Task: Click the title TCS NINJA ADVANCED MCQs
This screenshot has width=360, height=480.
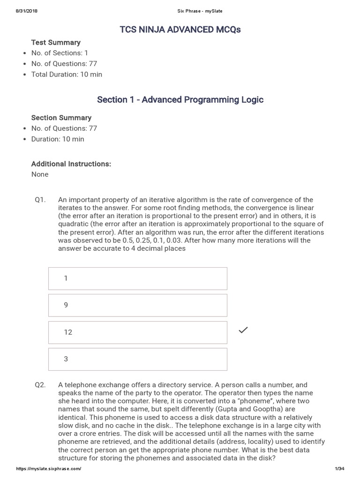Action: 180,30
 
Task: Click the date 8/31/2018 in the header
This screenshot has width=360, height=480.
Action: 26,11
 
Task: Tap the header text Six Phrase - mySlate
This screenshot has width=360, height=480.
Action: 180,11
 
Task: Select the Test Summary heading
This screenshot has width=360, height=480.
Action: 56,42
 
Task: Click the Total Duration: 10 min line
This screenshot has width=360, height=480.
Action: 67,74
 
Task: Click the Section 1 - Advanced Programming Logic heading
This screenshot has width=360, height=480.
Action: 180,99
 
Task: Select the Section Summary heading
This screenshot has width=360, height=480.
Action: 61,118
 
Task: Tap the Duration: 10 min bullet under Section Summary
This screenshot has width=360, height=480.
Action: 58,139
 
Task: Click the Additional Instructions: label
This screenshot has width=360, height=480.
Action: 71,164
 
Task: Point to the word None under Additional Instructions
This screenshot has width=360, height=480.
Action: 40,174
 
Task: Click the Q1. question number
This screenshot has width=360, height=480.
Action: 40,200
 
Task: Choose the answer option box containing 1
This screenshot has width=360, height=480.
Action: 138,278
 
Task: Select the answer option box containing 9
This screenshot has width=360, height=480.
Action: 138,305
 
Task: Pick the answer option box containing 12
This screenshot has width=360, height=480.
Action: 138,332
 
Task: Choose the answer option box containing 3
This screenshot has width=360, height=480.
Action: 138,359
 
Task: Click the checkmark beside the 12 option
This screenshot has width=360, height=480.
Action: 243,330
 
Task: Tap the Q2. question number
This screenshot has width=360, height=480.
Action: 40,385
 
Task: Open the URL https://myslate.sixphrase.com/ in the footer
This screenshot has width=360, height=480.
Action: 49,469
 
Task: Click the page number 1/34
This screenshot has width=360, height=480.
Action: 339,469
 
